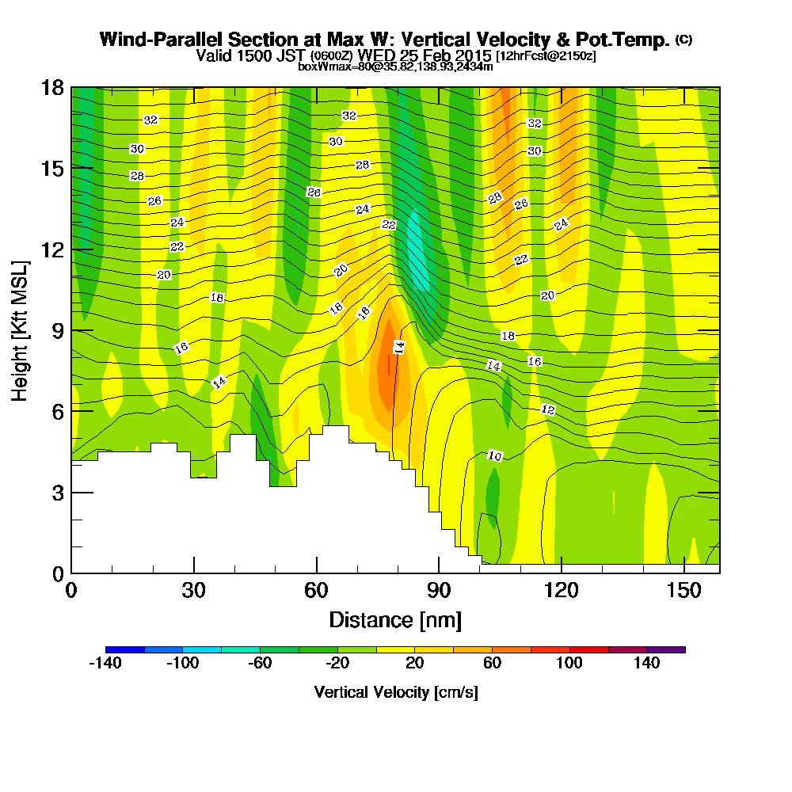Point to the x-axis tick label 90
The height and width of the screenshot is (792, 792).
439,591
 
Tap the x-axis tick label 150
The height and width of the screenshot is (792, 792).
683,591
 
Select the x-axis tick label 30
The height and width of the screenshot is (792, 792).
194,591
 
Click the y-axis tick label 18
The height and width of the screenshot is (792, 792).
51,87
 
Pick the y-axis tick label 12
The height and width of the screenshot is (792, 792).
51,249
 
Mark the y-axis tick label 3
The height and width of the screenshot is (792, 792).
57,492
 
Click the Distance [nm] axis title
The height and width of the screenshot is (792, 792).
395,619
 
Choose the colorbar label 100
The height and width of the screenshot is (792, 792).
569,664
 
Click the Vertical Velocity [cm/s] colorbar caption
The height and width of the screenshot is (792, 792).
396,692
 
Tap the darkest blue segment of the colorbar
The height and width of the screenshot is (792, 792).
124,649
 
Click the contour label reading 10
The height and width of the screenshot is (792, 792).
495,456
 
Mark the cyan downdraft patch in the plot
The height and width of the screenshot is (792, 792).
417,253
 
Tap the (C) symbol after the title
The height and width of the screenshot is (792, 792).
683,40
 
